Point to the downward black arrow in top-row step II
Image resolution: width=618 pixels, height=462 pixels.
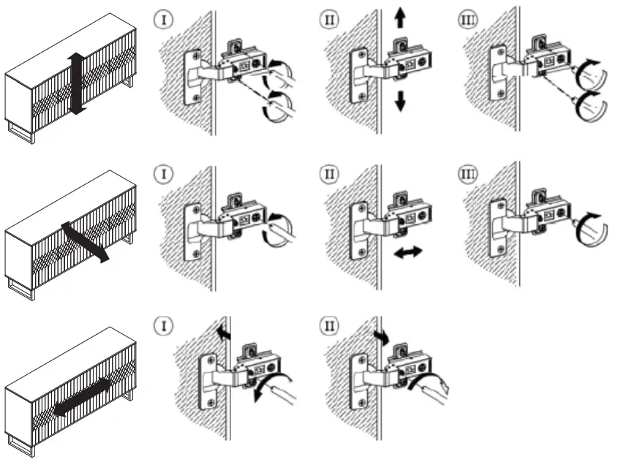pos(399,102)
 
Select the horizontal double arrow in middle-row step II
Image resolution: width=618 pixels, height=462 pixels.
pos(407,251)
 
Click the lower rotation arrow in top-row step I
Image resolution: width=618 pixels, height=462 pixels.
pos(275,105)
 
